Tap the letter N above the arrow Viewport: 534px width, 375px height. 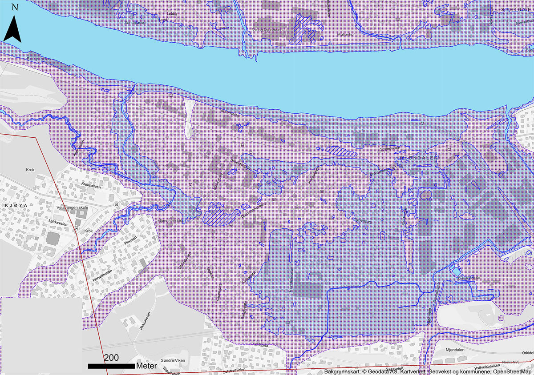point(15,7)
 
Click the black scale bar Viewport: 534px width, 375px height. point(111,366)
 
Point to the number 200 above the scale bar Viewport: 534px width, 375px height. point(111,358)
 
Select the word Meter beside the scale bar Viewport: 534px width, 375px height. point(146,366)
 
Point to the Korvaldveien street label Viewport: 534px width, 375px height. point(102,269)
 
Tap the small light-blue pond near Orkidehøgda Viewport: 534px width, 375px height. point(457,271)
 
